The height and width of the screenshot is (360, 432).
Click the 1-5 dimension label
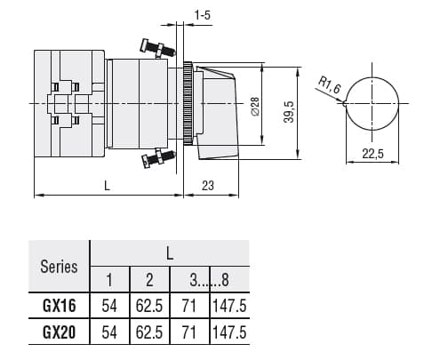tap(203, 15)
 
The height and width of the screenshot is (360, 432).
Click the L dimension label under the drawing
tap(106, 186)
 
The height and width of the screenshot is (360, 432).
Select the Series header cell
tap(59, 266)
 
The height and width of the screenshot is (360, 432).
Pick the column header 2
tap(150, 280)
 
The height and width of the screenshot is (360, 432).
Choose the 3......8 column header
tap(210, 280)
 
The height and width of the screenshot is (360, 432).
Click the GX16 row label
tap(59, 305)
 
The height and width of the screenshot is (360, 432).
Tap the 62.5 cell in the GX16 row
tap(150, 305)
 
